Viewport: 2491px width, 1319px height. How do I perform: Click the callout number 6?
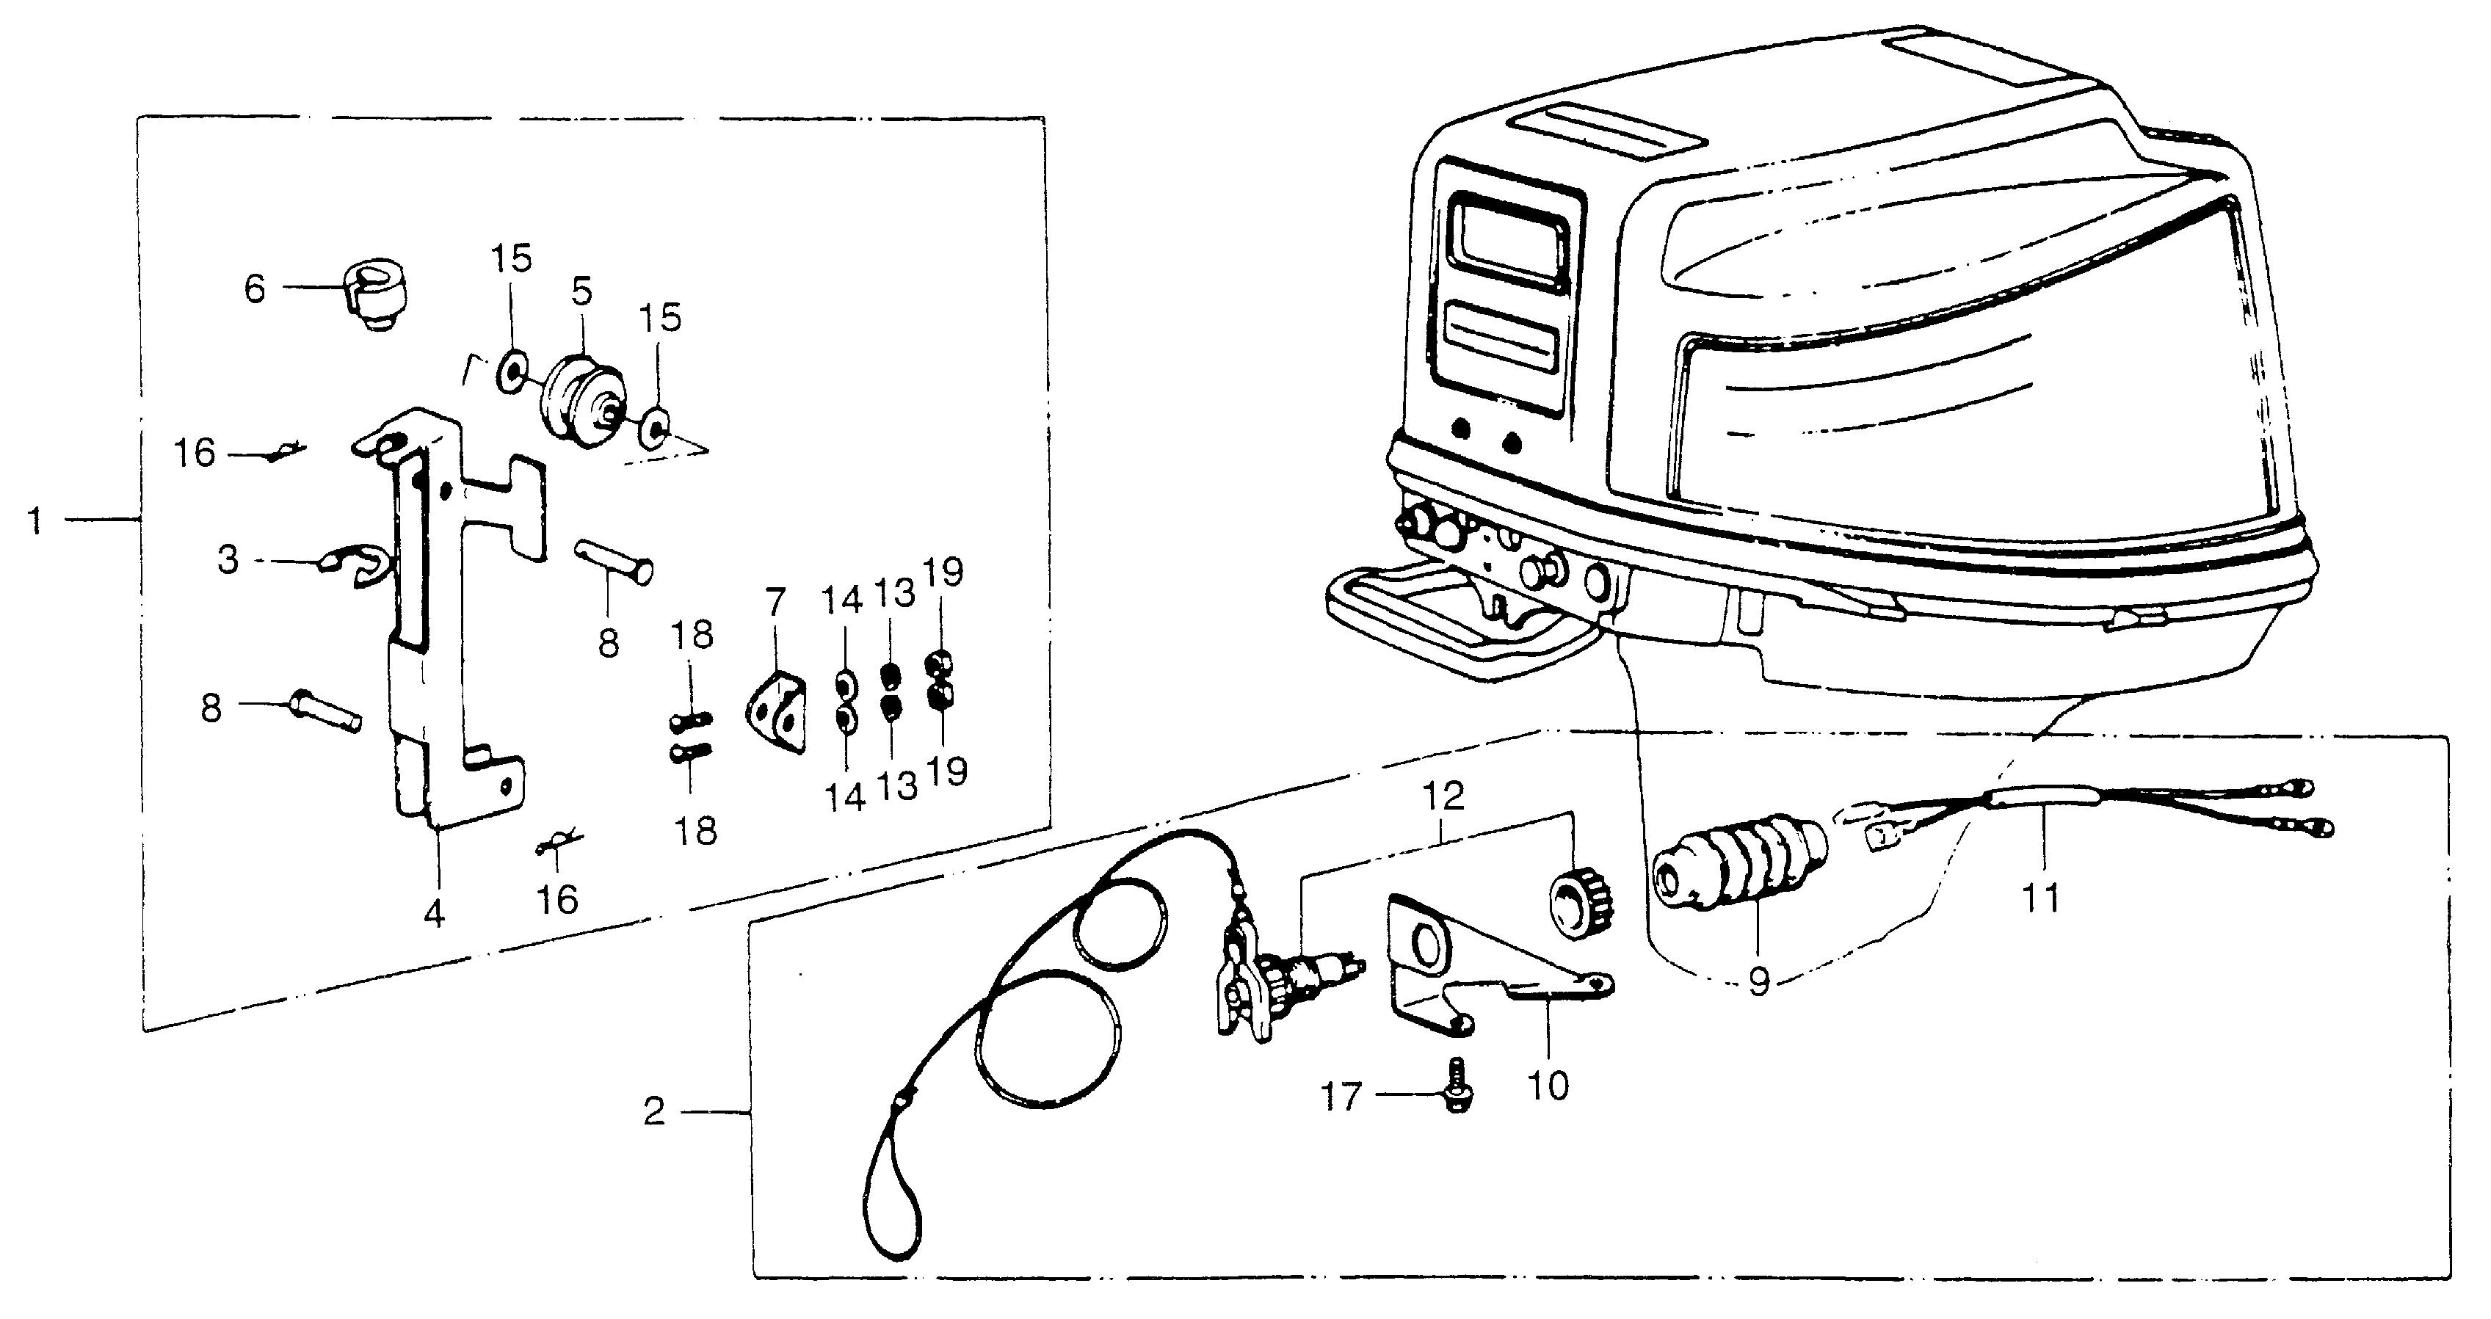tap(254, 288)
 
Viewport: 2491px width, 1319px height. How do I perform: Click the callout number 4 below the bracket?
tap(434, 913)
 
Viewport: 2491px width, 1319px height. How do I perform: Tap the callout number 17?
tap(1341, 1096)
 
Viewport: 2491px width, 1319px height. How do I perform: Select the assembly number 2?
tap(655, 1112)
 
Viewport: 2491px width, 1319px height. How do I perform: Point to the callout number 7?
tap(775, 603)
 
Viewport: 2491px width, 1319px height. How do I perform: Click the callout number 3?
tap(228, 559)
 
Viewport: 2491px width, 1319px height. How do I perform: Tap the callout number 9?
tap(1758, 981)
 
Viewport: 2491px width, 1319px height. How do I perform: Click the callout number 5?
tap(581, 290)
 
